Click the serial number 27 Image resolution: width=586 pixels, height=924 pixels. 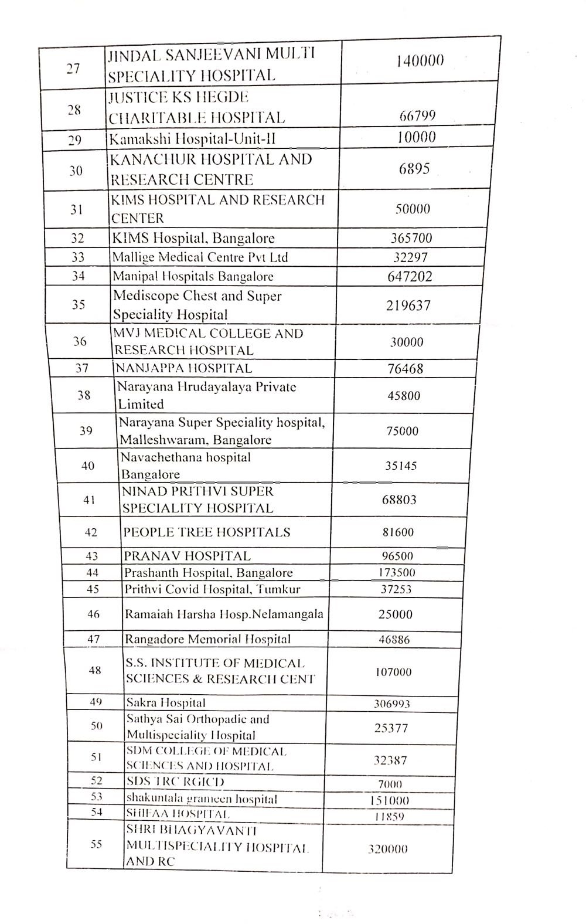click(x=73, y=69)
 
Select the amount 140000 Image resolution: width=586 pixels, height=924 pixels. click(x=420, y=60)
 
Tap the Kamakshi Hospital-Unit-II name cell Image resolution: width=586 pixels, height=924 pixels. click(x=192, y=139)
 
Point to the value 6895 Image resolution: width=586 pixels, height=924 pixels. click(x=414, y=169)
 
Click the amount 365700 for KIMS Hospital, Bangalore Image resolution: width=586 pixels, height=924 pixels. click(x=411, y=238)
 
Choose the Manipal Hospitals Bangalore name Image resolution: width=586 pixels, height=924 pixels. click(x=193, y=276)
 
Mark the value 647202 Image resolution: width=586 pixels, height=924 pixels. click(x=410, y=276)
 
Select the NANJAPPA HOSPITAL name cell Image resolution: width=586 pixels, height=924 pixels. click(x=183, y=368)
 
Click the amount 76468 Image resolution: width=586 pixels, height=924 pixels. click(x=405, y=369)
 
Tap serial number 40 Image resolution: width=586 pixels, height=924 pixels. click(x=88, y=466)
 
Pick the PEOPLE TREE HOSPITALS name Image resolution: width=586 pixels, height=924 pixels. click(x=207, y=532)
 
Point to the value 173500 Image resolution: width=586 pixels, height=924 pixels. click(x=397, y=573)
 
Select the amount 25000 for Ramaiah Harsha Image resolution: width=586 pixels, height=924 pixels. click(x=395, y=614)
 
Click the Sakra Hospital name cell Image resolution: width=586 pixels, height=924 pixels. click(x=166, y=702)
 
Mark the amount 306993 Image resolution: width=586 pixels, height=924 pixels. click(x=391, y=704)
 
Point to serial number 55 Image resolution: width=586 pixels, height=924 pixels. click(x=96, y=844)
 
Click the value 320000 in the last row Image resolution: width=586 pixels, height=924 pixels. click(x=387, y=849)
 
